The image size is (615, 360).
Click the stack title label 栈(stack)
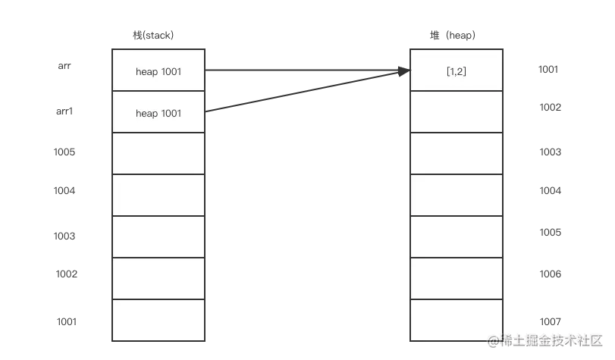point(153,36)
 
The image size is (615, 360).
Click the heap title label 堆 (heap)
point(453,36)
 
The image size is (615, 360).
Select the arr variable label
point(64,66)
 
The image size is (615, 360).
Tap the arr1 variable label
point(64,111)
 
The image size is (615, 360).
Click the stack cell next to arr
point(158,70)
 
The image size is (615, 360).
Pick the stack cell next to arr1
point(158,111)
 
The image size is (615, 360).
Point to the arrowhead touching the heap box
point(404,71)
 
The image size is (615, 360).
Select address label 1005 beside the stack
point(64,152)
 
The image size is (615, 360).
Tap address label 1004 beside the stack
point(64,190)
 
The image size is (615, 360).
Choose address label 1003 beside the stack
point(64,236)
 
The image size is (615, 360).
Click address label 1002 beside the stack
point(67,274)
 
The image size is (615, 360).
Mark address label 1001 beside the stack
point(67,322)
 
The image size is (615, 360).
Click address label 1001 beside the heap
point(548,70)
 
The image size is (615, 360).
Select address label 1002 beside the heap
point(551,108)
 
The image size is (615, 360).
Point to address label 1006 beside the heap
point(551,274)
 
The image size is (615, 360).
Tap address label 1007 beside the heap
point(551,322)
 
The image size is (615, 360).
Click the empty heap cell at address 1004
point(457,195)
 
